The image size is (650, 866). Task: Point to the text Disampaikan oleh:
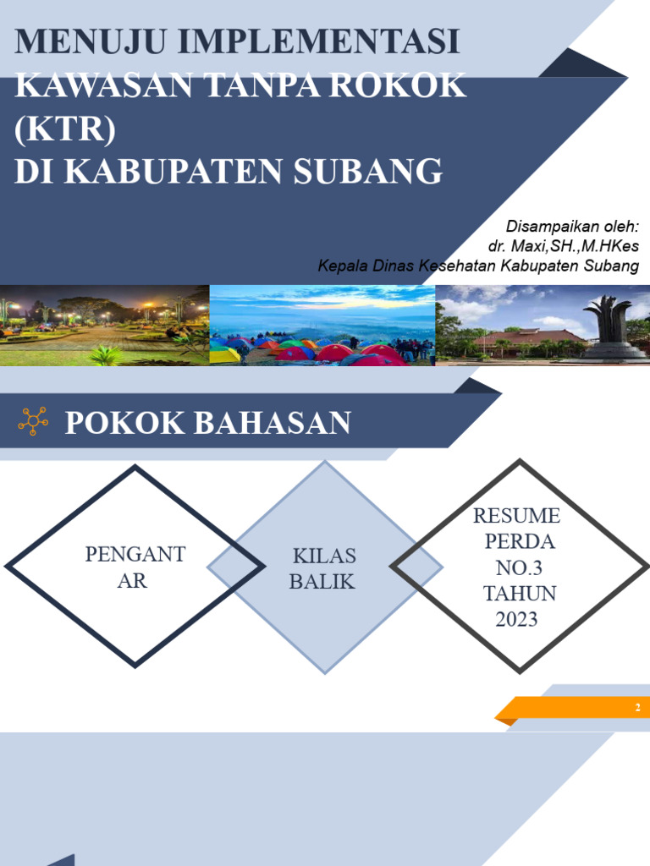(572, 227)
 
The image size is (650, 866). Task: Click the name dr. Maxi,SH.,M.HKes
(563, 246)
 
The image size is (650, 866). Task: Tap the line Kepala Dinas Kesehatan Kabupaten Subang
(478, 266)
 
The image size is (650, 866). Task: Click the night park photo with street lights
(103, 326)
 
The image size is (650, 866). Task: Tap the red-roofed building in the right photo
(525, 341)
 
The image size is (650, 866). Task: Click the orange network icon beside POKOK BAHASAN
(33, 421)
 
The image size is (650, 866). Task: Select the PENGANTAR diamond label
(135, 567)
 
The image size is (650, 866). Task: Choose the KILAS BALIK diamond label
(323, 568)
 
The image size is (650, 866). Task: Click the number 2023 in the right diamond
(517, 619)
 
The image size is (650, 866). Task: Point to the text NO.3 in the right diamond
(517, 567)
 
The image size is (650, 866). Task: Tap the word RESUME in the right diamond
(517, 515)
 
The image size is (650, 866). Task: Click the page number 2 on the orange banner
(637, 708)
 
